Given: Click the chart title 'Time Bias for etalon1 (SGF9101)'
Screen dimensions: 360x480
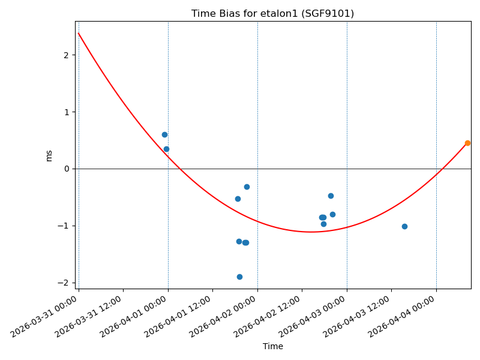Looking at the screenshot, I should coord(272,14).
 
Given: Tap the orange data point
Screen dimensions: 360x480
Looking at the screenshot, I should coord(467,143).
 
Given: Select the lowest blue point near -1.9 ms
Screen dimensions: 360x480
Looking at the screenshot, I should coord(239,277).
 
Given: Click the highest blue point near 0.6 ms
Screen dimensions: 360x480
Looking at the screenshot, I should coord(164,134).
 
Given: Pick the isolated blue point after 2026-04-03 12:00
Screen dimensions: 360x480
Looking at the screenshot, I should coord(404,226).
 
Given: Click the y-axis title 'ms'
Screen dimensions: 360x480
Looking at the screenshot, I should coord(49,155).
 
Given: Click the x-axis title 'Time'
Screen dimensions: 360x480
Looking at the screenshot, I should coord(272,347).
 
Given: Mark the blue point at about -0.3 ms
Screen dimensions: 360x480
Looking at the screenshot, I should coord(247,187).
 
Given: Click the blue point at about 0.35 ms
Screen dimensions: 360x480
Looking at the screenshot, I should coord(166,149).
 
